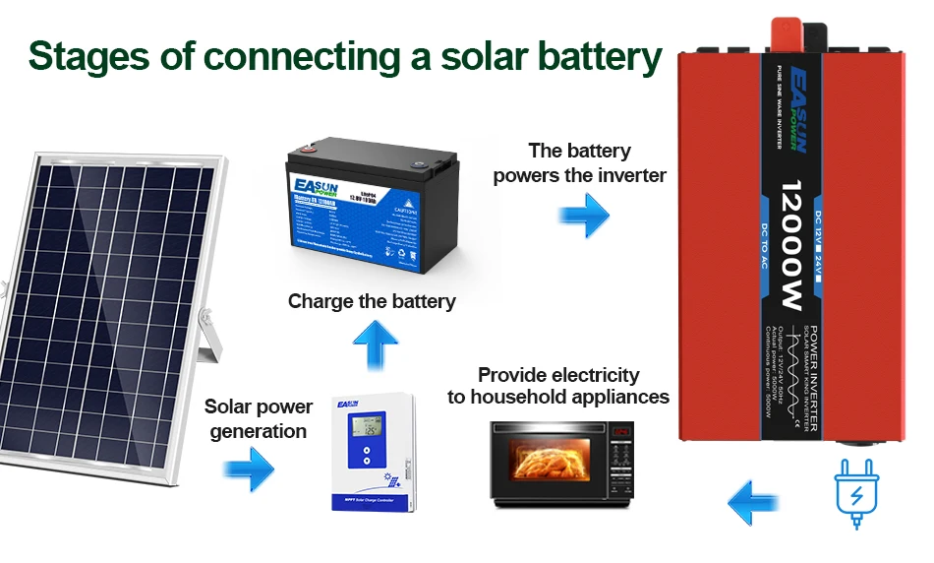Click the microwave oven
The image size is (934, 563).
pos(561,465)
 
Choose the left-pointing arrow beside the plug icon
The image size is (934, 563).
pos(755,502)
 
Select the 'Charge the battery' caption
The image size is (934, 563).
pos(372,301)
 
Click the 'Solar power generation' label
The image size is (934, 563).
pos(258,418)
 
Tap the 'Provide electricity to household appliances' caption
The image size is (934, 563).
pos(558,386)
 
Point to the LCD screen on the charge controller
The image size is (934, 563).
pos(372,426)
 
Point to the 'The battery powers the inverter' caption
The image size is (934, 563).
pos(579,163)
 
